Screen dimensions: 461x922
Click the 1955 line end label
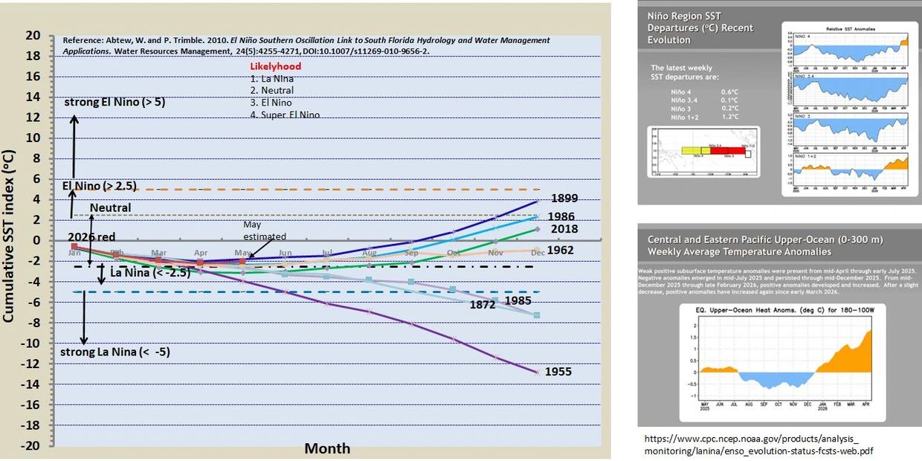tap(558, 371)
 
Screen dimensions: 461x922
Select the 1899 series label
tap(565, 199)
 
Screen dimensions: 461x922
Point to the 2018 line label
tap(564, 229)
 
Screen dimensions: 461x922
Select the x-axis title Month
tap(327, 448)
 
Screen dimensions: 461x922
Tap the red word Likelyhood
tap(275, 66)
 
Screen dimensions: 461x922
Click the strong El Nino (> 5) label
tap(114, 102)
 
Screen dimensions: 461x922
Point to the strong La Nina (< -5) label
tap(115, 352)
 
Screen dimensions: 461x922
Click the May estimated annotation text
tap(264, 230)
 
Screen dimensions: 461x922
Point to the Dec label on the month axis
tap(537, 254)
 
